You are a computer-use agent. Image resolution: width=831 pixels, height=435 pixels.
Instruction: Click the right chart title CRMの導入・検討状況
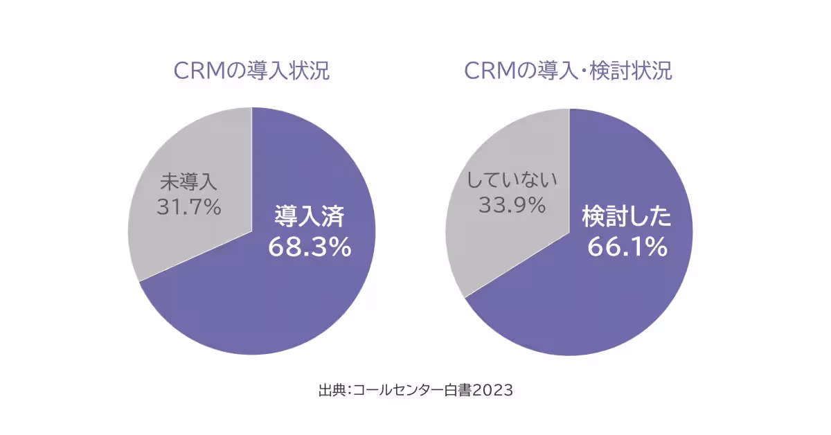(x=568, y=71)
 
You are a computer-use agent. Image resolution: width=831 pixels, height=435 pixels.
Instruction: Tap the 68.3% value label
(x=310, y=247)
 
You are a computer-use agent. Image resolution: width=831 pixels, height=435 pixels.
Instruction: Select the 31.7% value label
(x=188, y=206)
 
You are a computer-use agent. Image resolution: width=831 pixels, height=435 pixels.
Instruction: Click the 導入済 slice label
(x=310, y=216)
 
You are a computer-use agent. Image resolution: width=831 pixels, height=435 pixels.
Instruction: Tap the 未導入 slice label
(x=188, y=181)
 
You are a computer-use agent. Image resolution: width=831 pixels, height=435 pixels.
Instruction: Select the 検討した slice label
(x=627, y=216)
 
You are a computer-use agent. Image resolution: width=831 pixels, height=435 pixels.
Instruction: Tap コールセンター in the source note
(x=397, y=390)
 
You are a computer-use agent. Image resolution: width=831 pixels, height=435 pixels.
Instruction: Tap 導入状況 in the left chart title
(x=292, y=71)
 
